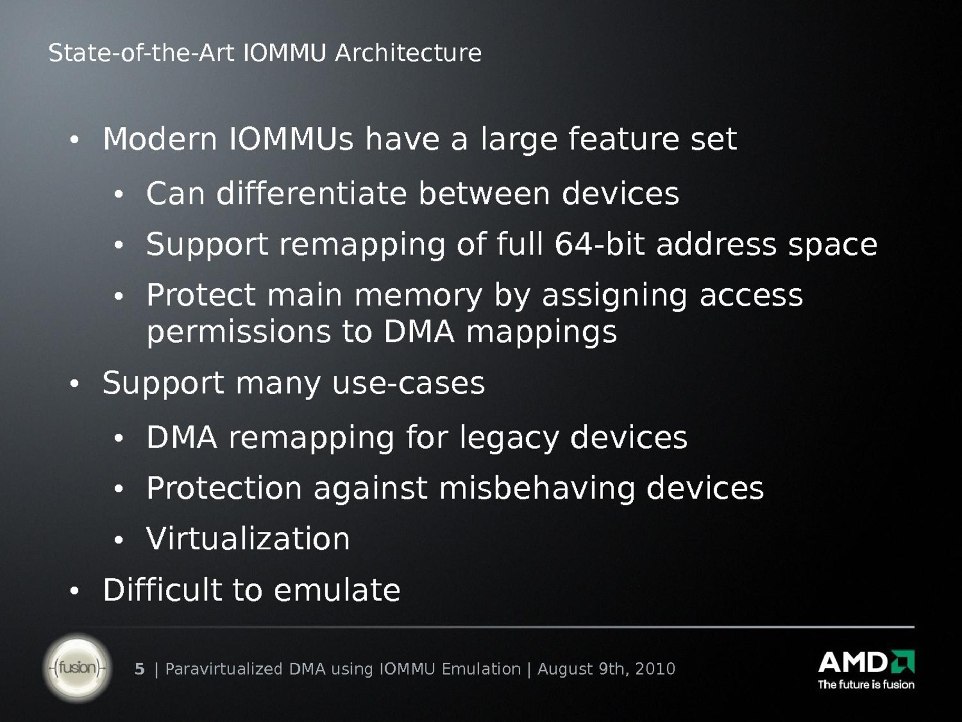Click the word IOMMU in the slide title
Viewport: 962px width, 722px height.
[x=285, y=53]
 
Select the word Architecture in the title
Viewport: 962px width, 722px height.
[x=408, y=53]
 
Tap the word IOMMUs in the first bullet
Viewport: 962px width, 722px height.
[x=291, y=139]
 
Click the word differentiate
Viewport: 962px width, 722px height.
[x=311, y=193]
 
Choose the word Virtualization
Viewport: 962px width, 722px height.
[x=248, y=538]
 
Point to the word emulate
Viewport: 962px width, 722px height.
[x=337, y=590]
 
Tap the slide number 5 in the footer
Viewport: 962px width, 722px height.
[x=139, y=669]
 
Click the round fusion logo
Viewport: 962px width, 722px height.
[x=77, y=668]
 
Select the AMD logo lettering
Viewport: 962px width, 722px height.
[x=866, y=662]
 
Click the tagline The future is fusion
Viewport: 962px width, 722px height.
[x=866, y=685]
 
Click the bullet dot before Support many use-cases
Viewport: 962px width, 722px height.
[x=75, y=384]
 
